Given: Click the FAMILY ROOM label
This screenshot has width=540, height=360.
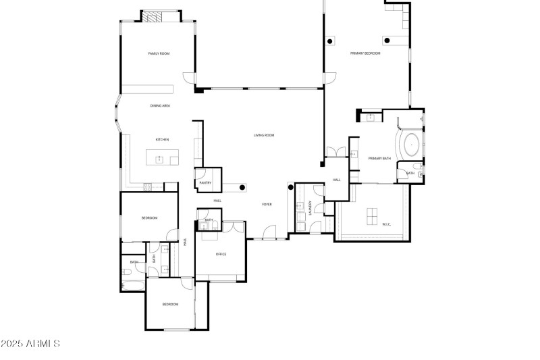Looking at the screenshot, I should click(x=158, y=53).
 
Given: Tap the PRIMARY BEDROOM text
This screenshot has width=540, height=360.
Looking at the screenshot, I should click(x=364, y=53).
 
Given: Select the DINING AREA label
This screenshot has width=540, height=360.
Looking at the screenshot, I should click(x=160, y=106).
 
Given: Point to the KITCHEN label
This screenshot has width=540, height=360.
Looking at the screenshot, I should click(x=162, y=140).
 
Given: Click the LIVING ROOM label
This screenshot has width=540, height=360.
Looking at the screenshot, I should click(x=264, y=135).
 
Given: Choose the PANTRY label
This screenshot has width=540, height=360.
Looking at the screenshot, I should click(x=206, y=182).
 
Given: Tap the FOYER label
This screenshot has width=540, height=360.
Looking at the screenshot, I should click(x=267, y=204).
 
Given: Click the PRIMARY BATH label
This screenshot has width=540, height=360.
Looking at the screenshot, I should click(x=379, y=158).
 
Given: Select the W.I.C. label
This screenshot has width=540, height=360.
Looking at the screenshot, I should click(x=387, y=224).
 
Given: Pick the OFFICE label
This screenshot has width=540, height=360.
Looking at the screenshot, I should click(x=221, y=254).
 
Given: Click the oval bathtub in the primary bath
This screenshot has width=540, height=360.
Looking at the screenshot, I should click(x=410, y=144).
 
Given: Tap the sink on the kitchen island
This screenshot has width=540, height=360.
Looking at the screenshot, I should click(x=160, y=159).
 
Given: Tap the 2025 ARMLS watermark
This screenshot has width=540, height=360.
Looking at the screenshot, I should click(x=30, y=344).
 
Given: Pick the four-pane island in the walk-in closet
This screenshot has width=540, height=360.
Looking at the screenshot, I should click(x=372, y=215).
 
